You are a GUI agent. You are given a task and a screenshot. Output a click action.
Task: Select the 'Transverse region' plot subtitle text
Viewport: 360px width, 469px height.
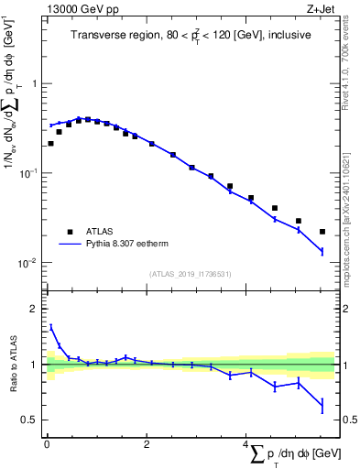tap(191, 35)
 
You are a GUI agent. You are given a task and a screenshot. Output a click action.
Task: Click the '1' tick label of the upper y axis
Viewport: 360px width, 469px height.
tap(34, 83)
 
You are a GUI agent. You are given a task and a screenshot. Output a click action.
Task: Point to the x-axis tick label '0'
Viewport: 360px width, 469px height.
tap(47, 445)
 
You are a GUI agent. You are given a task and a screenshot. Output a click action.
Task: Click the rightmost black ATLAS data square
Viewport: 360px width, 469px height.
tap(322, 232)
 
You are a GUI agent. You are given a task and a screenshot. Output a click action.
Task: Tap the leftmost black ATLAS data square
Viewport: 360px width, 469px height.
tap(50, 143)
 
